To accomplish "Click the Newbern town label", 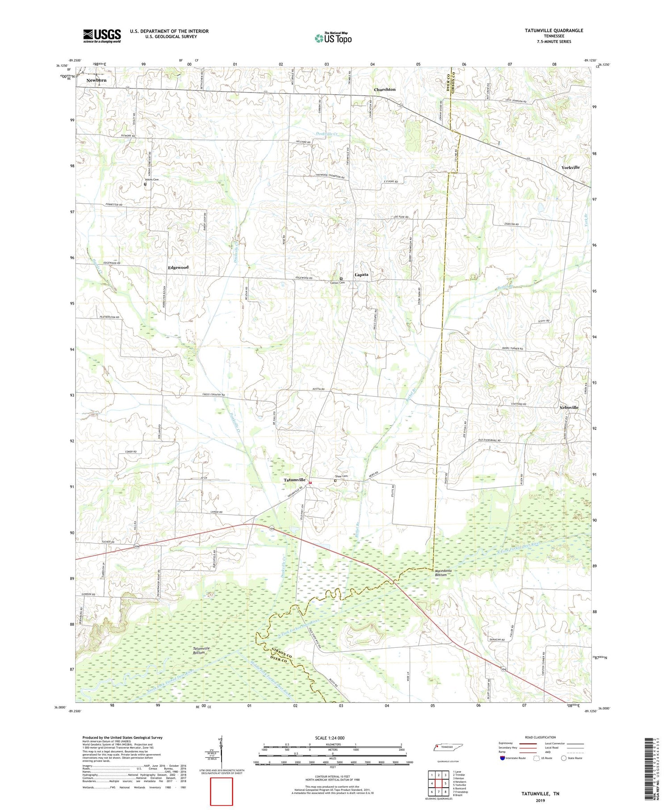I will (x=96, y=80).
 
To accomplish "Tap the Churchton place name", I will (x=385, y=90).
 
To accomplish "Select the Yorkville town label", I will (x=570, y=168).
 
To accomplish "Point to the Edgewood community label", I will (x=178, y=268).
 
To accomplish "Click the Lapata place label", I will (x=361, y=275).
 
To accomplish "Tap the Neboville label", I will (x=569, y=408).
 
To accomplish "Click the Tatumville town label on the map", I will (x=295, y=480).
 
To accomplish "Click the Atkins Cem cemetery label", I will (x=151, y=180).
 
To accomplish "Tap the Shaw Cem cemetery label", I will (x=341, y=476).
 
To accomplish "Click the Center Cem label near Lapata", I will (x=337, y=283).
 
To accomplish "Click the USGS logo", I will (x=102, y=36).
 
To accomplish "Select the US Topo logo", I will (x=333, y=38).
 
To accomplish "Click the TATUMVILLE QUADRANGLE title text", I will (x=554, y=31).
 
